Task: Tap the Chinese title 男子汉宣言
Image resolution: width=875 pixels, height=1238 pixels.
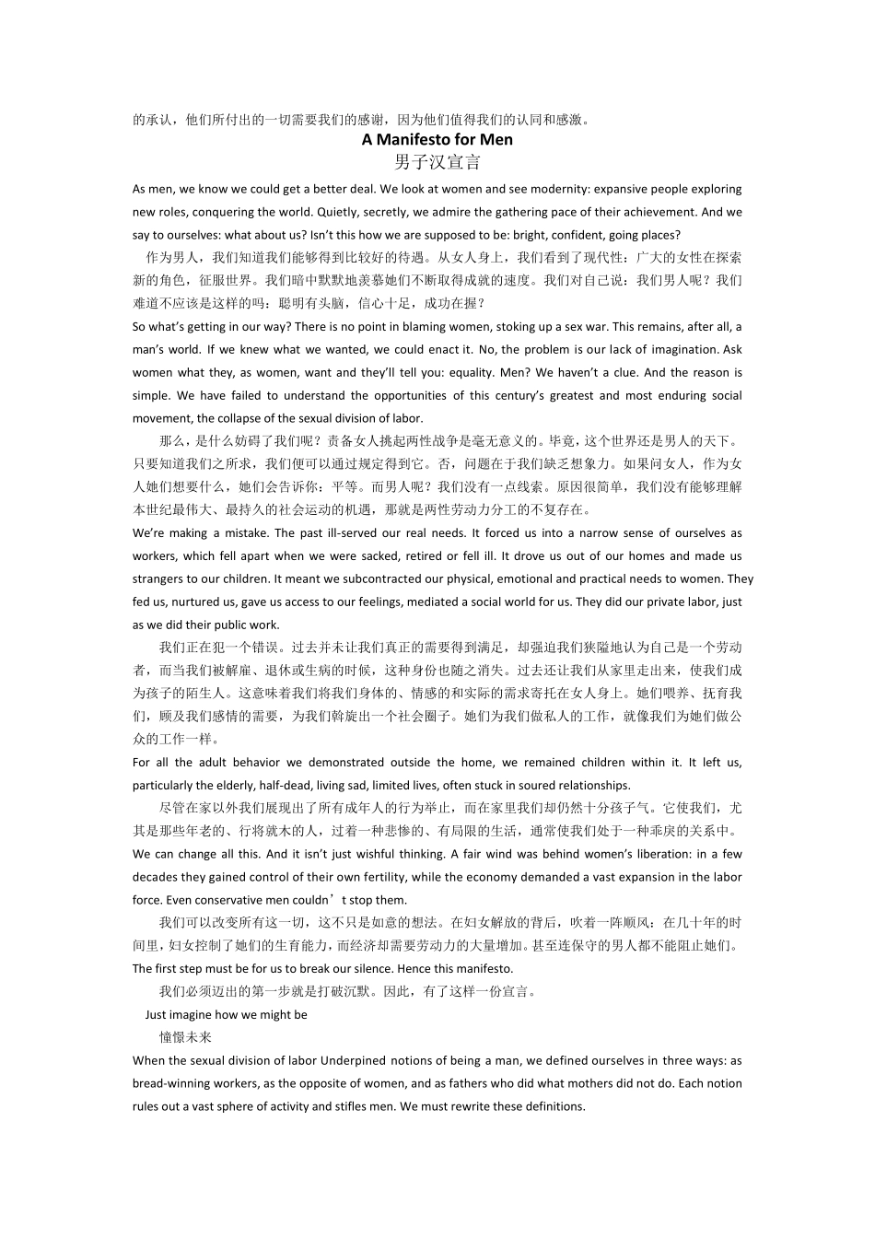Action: pos(437,163)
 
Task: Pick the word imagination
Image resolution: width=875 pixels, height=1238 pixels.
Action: pos(683,350)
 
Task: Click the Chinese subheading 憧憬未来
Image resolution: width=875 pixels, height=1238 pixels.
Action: pos(185,1037)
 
